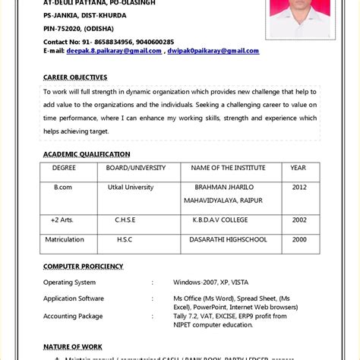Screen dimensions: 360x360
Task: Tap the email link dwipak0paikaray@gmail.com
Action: pyautogui.click(x=214, y=51)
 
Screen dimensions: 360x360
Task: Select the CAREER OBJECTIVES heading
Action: pyautogui.click(x=75, y=77)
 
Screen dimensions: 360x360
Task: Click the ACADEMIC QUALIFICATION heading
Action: pyautogui.click(x=87, y=154)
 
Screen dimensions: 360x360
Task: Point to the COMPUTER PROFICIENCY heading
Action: pyautogui.click(x=83, y=266)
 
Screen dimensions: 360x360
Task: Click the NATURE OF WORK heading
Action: pyautogui.click(x=74, y=346)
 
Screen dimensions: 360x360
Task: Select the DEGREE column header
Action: pyautogui.click(x=64, y=167)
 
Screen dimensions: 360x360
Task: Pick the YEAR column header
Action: pyautogui.click(x=298, y=167)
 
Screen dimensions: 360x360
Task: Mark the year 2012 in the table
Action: pyautogui.click(x=299, y=187)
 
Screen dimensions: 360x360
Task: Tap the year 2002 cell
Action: pyautogui.click(x=299, y=220)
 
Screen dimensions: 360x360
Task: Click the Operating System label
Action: pyautogui.click(x=74, y=282)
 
